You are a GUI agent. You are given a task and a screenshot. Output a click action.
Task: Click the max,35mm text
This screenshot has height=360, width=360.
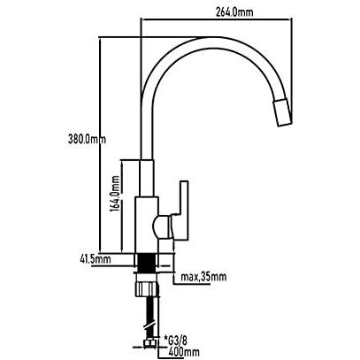point(203,276)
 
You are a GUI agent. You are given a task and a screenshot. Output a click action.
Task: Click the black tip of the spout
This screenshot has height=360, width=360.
point(282,113)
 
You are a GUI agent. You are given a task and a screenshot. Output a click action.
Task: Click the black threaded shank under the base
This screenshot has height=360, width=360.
point(147,265)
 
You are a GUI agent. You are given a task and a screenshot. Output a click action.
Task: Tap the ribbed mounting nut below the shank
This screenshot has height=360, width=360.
point(147,289)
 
